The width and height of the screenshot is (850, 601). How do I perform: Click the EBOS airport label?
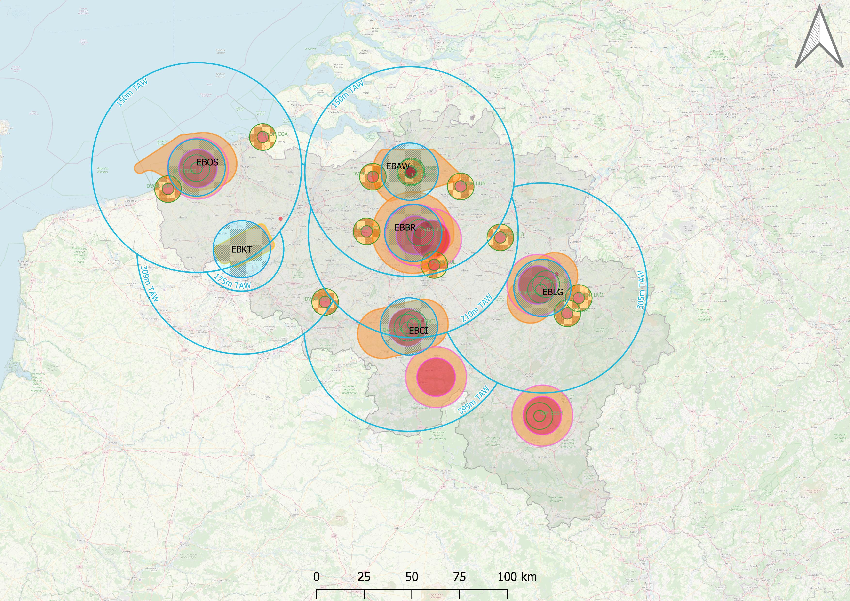(207, 162)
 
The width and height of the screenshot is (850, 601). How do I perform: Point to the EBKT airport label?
(241, 249)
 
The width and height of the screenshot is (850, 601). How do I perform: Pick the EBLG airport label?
(552, 292)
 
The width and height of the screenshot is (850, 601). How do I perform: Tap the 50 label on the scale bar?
(412, 577)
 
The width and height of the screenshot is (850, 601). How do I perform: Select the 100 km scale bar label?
(517, 577)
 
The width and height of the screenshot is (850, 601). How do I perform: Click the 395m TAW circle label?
(474, 400)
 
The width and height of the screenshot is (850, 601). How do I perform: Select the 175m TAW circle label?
(232, 282)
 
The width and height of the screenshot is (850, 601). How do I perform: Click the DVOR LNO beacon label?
(592, 295)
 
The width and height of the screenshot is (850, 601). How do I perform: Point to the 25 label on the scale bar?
(364, 577)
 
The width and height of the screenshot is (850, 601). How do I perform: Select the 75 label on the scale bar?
(460, 577)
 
